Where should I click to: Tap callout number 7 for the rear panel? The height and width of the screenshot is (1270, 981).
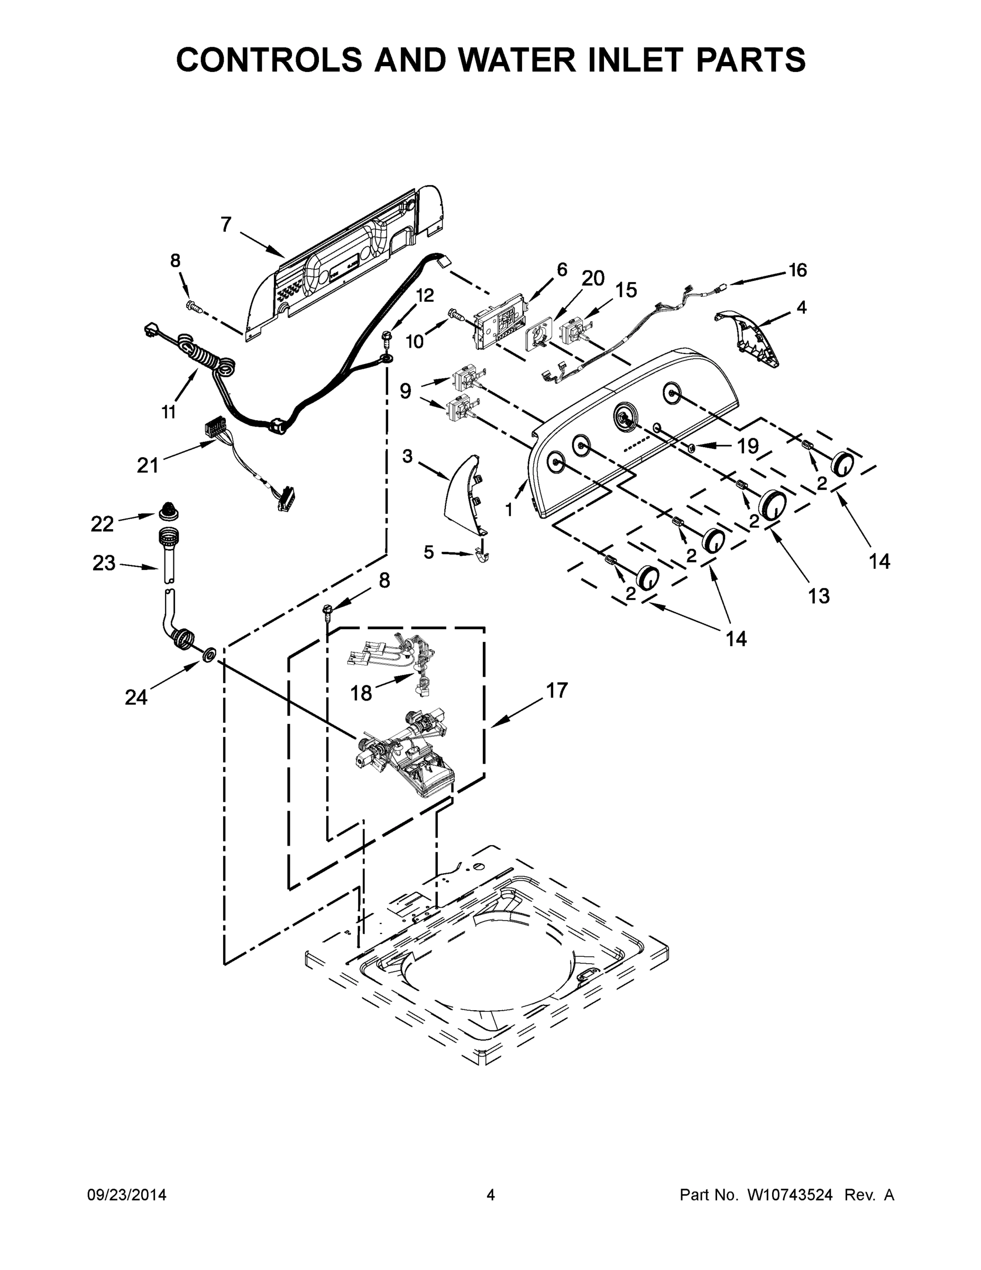click(226, 224)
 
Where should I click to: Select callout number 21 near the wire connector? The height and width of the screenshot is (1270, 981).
click(148, 465)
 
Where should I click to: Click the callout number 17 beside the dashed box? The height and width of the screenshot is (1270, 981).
click(556, 690)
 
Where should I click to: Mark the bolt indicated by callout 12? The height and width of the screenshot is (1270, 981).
click(386, 337)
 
